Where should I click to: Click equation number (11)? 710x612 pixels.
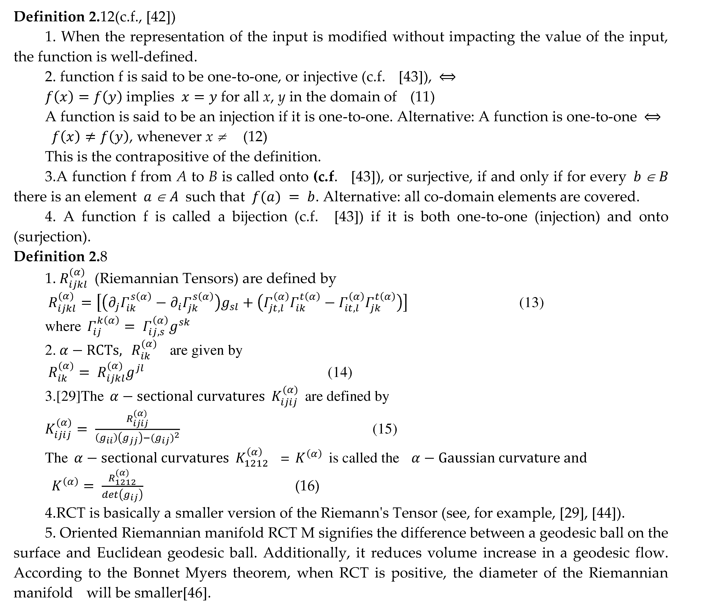[x=422, y=97]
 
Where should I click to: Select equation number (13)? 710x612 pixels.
[x=531, y=303]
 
